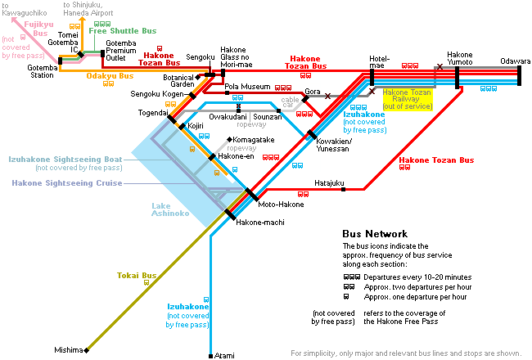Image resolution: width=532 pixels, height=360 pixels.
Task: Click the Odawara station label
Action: pos(515,61)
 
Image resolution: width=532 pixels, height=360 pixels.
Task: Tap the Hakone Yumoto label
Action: pos(460,58)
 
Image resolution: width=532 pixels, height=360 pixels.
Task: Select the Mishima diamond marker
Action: pos(87,350)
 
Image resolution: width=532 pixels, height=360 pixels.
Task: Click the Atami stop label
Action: pos(224,356)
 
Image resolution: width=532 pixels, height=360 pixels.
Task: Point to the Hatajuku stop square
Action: pos(343,189)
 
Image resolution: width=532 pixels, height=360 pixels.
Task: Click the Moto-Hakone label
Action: pos(281,205)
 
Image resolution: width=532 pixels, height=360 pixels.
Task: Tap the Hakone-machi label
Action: pos(260,223)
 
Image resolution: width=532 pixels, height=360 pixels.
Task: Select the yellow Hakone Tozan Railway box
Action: pos(408,99)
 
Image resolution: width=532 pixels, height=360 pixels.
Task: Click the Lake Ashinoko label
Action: pos(170,209)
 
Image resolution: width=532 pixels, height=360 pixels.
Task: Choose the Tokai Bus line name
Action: pos(137,275)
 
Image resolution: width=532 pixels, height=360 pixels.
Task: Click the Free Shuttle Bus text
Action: pos(123,31)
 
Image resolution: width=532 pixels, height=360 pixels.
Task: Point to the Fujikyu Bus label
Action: pos(39,29)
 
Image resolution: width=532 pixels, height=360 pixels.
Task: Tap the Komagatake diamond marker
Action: pos(230,139)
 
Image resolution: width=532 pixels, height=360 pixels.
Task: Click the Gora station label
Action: pos(313,92)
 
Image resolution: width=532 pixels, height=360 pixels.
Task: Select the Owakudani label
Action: pos(228,117)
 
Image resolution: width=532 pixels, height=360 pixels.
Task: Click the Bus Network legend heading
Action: pos(375,234)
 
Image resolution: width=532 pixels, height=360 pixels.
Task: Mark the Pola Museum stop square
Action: pos(227,93)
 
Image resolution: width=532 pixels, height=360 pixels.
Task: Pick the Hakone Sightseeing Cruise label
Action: pos(67,183)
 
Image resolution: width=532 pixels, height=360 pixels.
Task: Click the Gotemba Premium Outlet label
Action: pos(121,51)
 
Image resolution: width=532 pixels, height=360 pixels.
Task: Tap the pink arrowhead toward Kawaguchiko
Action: pos(15,20)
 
